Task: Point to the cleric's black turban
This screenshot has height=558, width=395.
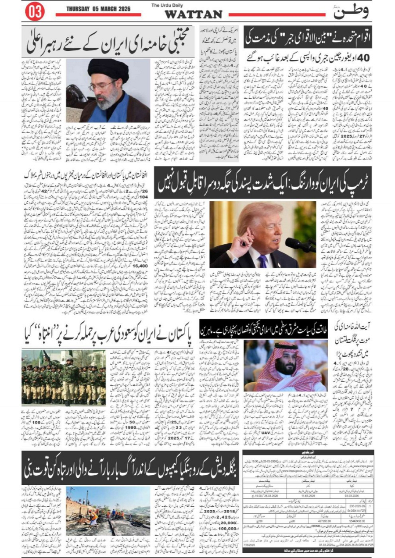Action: [x=108, y=69]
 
